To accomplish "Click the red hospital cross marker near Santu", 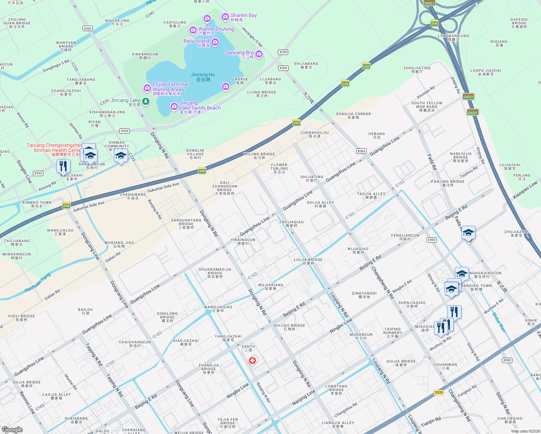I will [252, 361].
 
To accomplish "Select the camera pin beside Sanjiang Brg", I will [259, 54].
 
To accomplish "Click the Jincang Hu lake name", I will [203, 77].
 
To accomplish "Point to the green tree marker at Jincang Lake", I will [146, 101].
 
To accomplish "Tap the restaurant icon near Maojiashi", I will [63, 166].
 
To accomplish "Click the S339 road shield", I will [439, 392].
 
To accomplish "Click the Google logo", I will [12, 429].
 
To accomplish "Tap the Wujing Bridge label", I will [259, 156].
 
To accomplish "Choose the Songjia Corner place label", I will [353, 116].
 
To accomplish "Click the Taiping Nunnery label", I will [392, 333].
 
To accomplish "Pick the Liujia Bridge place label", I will [308, 261].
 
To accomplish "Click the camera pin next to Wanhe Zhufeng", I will [193, 29].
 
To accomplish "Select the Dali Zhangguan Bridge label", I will [225, 188].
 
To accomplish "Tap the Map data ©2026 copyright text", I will [524, 431].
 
